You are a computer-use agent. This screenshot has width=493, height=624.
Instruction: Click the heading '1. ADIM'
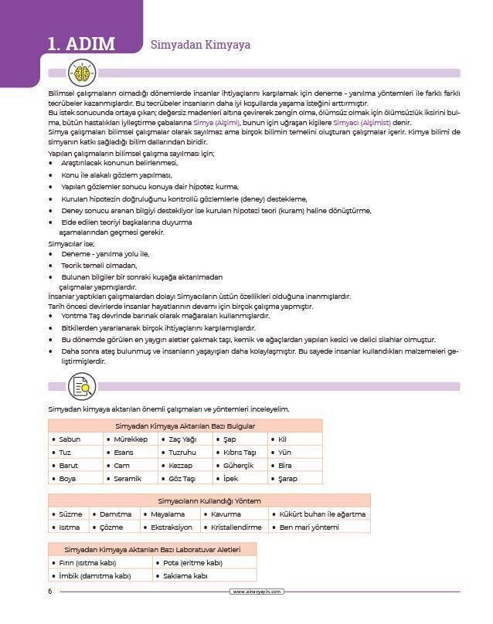pyautogui.click(x=80, y=43)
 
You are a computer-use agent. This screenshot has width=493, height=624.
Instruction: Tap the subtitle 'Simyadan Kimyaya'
pyautogui.click(x=200, y=45)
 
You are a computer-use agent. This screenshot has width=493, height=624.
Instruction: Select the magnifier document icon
pyautogui.click(x=82, y=385)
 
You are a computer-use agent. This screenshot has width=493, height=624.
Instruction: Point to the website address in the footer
pyautogui.click(x=258, y=592)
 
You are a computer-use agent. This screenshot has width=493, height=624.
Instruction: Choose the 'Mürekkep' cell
pyautogui.click(x=130, y=439)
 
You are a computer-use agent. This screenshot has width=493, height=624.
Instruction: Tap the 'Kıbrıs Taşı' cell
pyautogui.click(x=239, y=453)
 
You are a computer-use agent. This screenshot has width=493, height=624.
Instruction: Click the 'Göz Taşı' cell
pyautogui.click(x=182, y=479)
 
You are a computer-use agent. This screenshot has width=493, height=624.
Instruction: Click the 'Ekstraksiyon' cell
pyautogui.click(x=171, y=527)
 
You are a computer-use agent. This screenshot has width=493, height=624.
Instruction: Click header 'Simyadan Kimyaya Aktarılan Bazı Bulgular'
pyautogui.click(x=185, y=426)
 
